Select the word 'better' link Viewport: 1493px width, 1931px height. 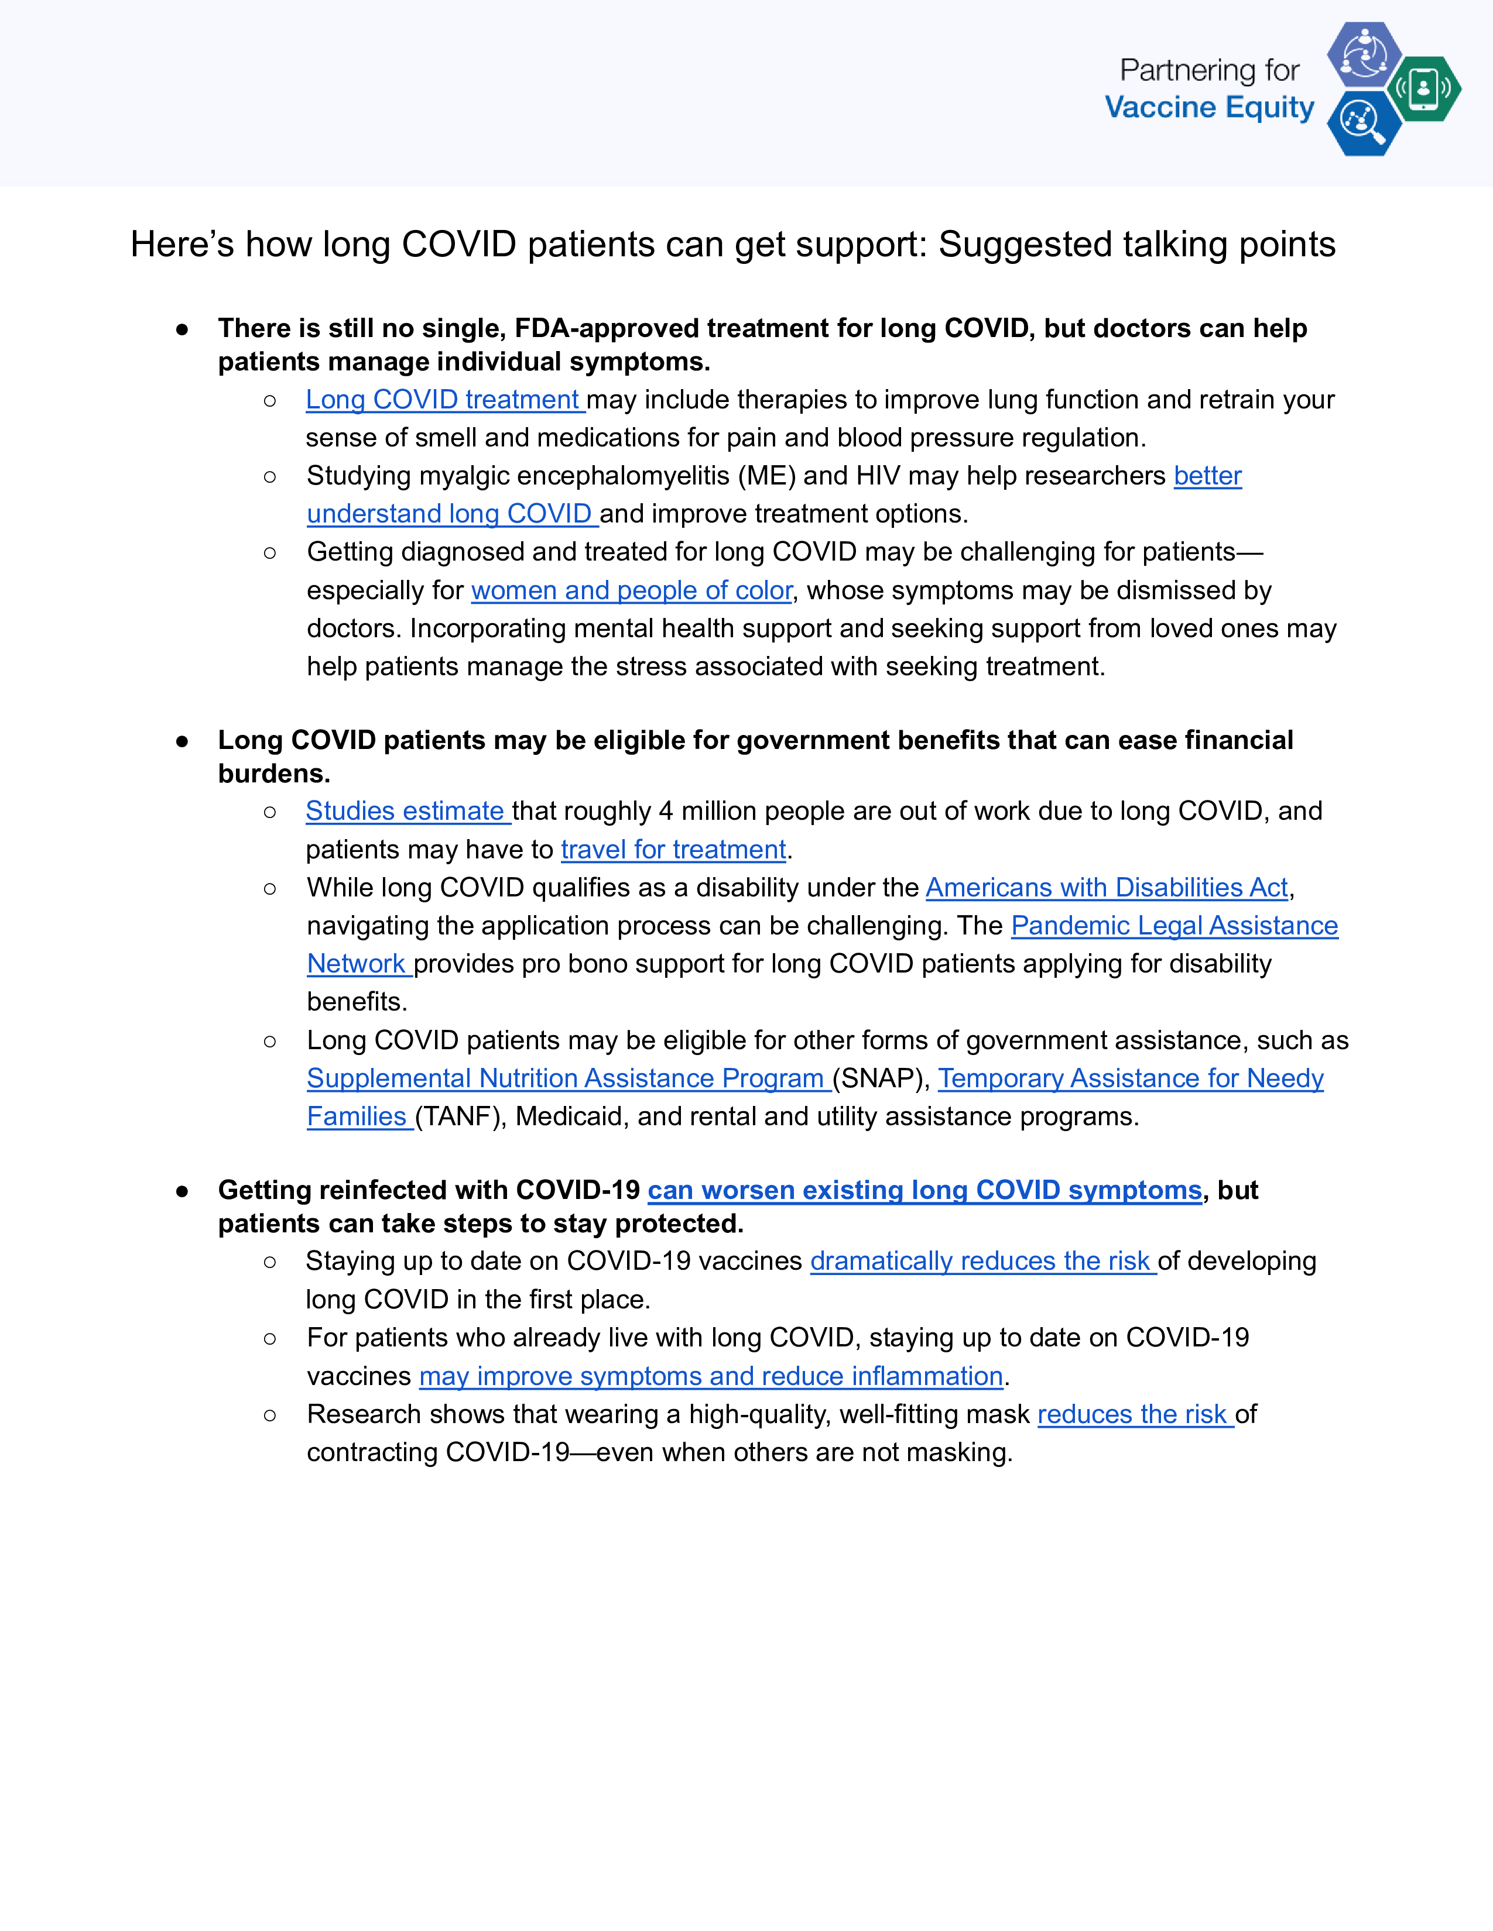click(1207, 476)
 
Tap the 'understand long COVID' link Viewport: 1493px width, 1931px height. click(451, 514)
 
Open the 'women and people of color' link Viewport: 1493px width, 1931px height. click(632, 590)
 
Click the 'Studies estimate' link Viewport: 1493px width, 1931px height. click(407, 811)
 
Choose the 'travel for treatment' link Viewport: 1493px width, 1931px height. click(673, 850)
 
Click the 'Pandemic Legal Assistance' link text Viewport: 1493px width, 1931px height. click(1174, 926)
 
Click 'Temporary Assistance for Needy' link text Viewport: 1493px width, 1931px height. click(1131, 1078)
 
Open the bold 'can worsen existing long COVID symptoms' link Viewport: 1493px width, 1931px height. click(924, 1190)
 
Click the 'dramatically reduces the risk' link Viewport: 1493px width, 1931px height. click(982, 1261)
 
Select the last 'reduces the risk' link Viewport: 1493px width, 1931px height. click(1134, 1415)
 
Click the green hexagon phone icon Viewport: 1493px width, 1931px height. click(1423, 88)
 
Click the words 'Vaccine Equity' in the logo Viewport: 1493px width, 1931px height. click(1209, 108)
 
